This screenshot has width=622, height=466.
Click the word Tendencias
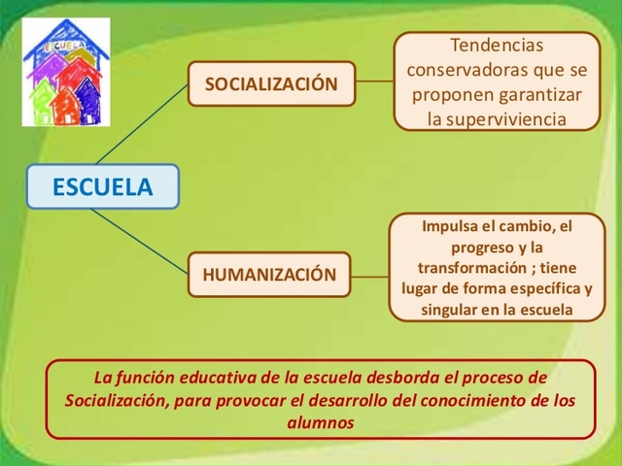point(497,46)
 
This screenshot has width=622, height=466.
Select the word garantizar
point(536,94)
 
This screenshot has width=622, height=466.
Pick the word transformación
point(470,268)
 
